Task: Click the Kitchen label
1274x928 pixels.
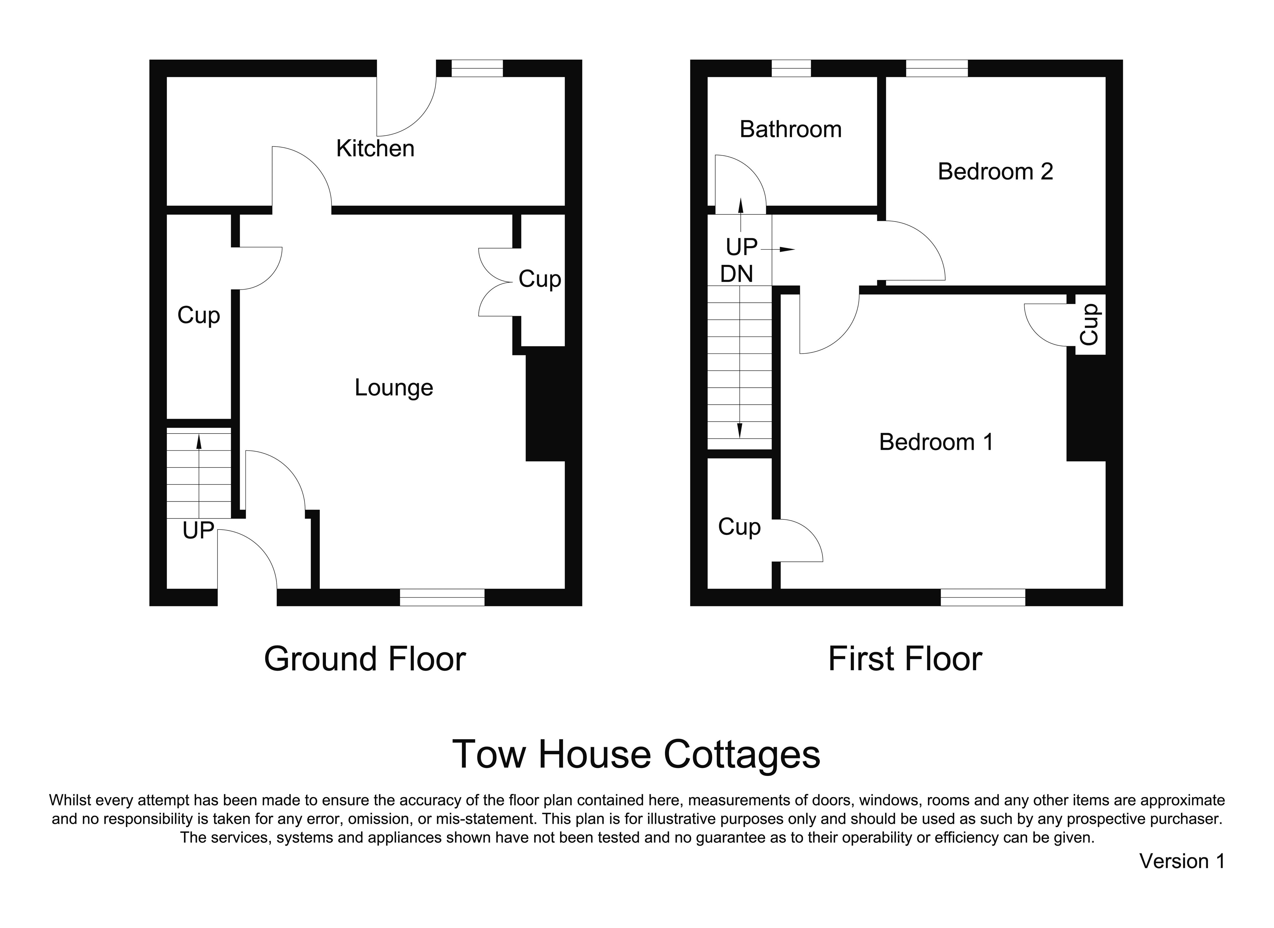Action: [375, 148]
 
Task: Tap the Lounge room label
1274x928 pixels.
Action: [394, 388]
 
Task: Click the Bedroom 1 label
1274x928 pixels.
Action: [936, 442]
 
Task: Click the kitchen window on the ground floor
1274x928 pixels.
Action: [477, 68]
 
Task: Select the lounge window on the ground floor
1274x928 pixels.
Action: [442, 597]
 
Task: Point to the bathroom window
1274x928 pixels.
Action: [791, 68]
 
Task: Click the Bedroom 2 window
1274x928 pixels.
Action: [937, 68]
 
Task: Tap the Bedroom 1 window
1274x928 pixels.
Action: [983, 597]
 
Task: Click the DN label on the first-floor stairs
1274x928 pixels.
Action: [736, 274]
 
